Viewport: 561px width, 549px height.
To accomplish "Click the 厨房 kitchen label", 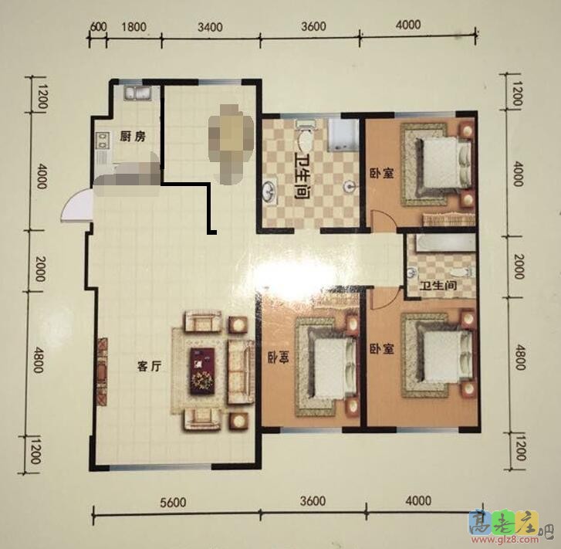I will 133,137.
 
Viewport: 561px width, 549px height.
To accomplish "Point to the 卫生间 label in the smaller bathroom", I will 438,286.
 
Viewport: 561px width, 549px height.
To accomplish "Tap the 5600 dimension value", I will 174,503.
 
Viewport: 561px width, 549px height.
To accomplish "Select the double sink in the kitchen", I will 140,95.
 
